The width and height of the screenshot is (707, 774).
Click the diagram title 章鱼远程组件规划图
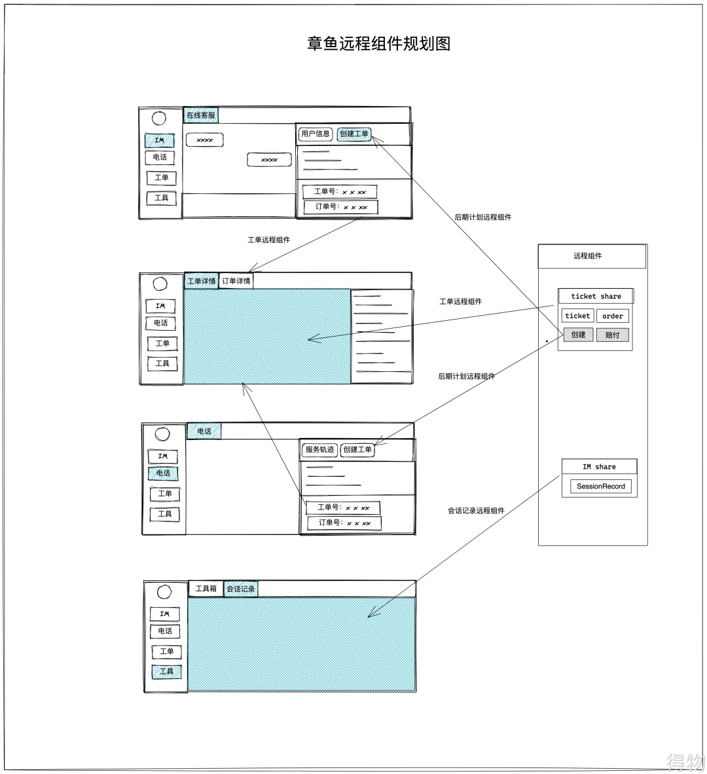click(378, 44)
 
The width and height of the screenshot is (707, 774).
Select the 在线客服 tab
click(200, 115)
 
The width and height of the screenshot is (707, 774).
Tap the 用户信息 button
click(315, 134)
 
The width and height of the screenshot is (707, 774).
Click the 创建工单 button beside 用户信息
click(354, 134)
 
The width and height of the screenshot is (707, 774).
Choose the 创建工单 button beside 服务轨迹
click(357, 450)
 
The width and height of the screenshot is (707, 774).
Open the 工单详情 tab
click(201, 282)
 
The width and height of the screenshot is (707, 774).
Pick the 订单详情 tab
click(236, 282)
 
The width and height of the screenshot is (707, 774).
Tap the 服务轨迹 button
click(319, 450)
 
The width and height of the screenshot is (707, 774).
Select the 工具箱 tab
click(206, 589)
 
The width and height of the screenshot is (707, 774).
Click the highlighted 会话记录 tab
click(240, 589)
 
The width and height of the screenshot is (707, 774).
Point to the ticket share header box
click(596, 296)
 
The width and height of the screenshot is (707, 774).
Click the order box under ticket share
click(613, 316)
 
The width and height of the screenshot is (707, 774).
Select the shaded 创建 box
click(578, 335)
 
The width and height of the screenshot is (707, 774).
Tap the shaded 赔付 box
click(613, 335)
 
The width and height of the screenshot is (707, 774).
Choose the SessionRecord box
click(600, 487)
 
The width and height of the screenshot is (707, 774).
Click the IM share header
click(599, 467)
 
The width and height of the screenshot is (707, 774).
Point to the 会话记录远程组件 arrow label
click(476, 511)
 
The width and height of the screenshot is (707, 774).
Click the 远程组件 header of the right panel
click(588, 256)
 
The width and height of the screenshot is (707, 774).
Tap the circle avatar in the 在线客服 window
click(158, 119)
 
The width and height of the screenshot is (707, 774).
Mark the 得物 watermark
click(684, 762)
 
